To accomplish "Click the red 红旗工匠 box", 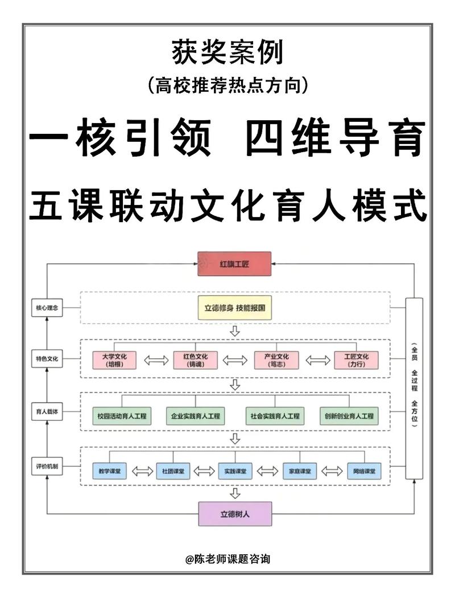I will click(234, 264).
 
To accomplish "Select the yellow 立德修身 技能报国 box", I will click(234, 308).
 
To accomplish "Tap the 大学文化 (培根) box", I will click(114, 360).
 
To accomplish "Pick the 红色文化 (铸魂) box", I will click(195, 360).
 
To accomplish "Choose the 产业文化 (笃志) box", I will click(275, 360).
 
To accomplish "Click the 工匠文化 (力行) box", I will click(356, 360).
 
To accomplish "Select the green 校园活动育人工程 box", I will click(122, 416).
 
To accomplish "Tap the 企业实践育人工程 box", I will click(195, 416).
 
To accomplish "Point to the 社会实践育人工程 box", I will click(275, 416).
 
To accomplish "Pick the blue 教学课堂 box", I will click(108, 471).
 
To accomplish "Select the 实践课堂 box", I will click(234, 471).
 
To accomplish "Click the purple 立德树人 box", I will click(234, 513).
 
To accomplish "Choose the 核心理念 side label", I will click(47, 308).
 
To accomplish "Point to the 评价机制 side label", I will click(47, 467).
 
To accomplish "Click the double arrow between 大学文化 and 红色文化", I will click(155, 361).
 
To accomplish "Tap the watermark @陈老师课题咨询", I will click(227, 559).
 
